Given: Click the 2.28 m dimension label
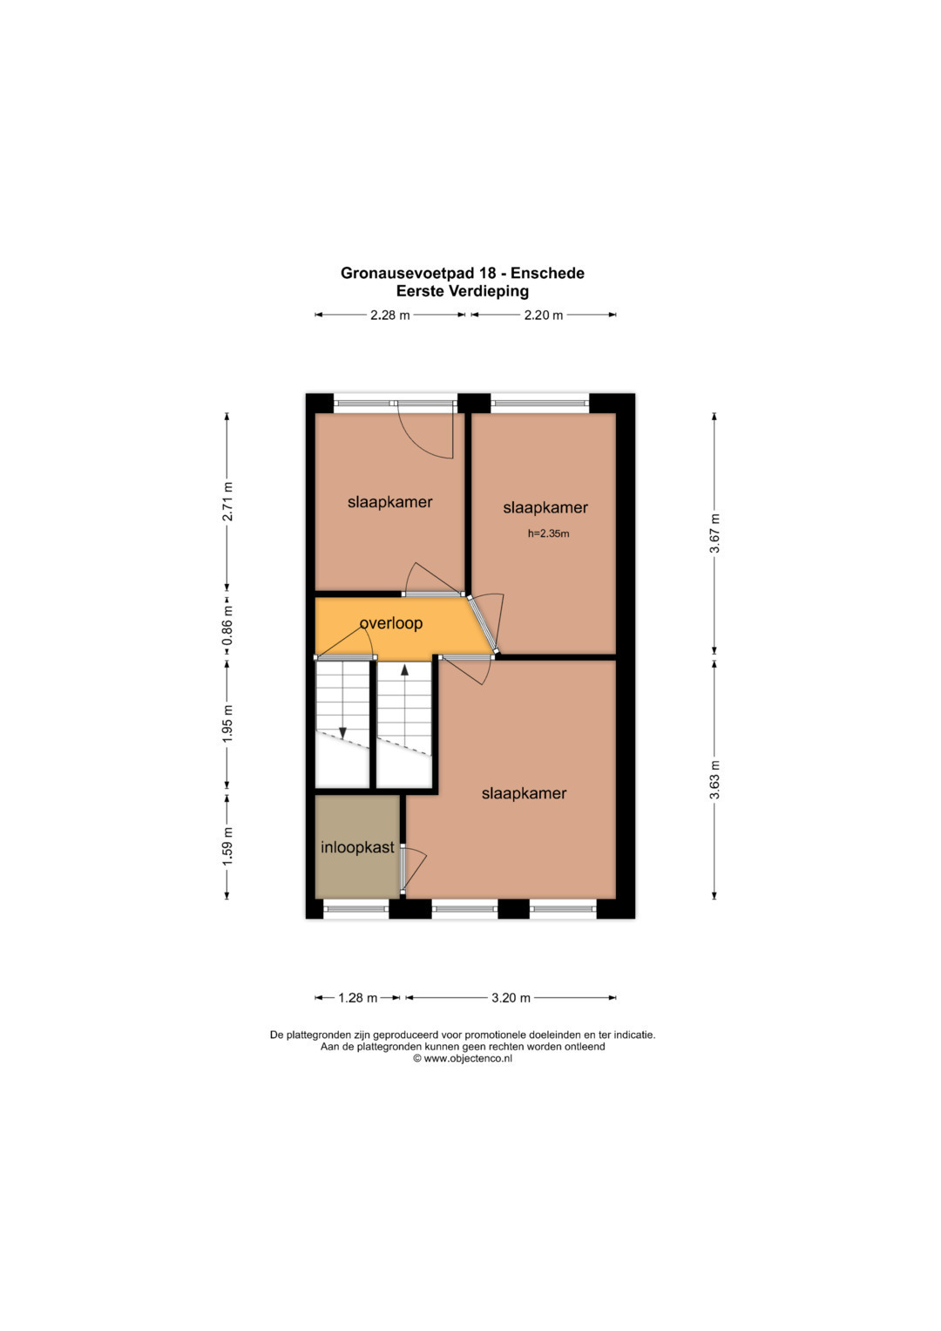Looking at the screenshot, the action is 389,315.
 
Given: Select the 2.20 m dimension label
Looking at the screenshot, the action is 543,315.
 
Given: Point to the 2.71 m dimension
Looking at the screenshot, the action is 227,501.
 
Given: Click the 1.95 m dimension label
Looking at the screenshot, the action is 227,723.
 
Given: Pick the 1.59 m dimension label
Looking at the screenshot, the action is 227,845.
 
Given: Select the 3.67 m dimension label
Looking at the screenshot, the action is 714,533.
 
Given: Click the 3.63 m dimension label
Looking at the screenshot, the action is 714,779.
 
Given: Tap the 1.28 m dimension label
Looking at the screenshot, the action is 357,998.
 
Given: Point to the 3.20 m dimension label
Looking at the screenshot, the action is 511,998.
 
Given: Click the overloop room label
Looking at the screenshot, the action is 391,622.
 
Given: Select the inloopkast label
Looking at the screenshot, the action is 357,847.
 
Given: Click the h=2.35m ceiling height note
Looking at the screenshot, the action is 548,533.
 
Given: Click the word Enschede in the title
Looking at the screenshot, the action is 547,273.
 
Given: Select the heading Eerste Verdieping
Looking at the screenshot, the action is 462,291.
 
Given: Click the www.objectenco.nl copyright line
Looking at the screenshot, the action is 462,1057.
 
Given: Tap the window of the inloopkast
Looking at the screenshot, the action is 355,908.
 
